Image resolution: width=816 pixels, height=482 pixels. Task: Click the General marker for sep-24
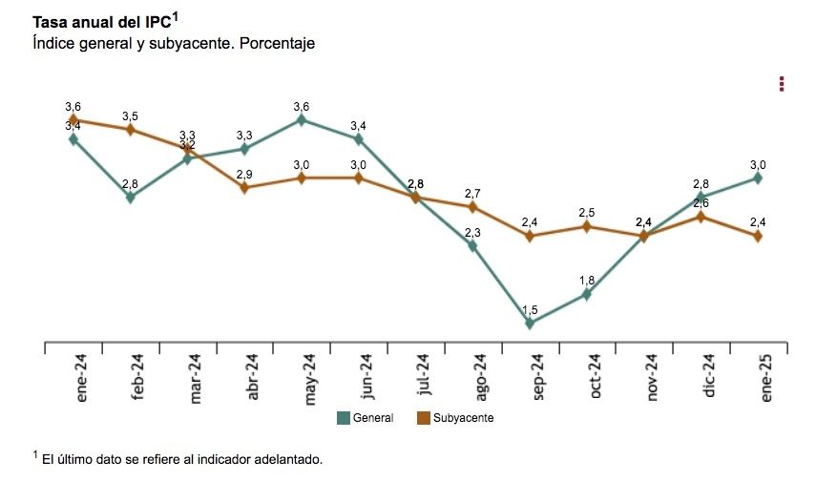[530, 324]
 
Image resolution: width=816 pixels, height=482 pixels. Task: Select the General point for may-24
[302, 119]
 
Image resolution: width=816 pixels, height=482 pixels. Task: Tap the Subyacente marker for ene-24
[73, 119]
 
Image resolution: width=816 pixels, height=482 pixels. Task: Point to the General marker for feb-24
[131, 198]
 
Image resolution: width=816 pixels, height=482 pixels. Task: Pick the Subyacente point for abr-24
[244, 188]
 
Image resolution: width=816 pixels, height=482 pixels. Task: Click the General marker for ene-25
[758, 178]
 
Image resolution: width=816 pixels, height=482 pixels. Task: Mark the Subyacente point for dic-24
[701, 217]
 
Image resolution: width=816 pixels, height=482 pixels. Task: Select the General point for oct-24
[587, 294]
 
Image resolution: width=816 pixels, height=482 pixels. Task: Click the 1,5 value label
[530, 309]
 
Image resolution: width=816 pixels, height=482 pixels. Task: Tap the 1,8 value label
[587, 280]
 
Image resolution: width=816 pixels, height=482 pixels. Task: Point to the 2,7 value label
[472, 193]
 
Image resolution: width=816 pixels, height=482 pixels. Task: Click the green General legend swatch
[344, 418]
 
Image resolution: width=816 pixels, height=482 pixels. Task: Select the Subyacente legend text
[463, 418]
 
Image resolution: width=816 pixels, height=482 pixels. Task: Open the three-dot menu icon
[782, 84]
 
